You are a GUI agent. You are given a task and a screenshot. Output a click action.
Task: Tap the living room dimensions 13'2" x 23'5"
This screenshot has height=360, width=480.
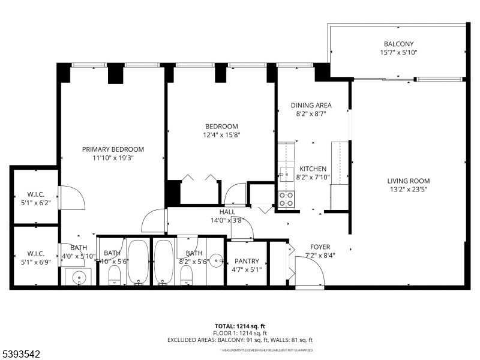408,189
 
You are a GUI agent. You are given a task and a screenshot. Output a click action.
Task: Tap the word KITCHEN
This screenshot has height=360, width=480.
313,169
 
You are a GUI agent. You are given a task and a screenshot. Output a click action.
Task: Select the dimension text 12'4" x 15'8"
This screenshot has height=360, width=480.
221,135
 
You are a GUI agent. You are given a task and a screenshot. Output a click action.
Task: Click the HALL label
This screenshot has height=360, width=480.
227,212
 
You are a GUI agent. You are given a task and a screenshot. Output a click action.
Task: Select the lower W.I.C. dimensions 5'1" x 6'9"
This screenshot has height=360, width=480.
35,261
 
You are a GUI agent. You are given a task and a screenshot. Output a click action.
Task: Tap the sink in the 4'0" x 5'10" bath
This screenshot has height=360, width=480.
78,278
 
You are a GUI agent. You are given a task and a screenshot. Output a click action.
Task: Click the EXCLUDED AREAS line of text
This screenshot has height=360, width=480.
240,340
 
